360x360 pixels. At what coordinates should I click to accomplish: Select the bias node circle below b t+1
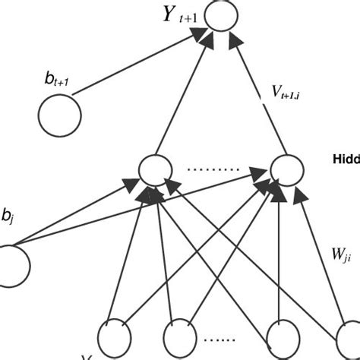tap(59, 116)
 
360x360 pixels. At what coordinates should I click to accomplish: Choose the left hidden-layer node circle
tap(153, 169)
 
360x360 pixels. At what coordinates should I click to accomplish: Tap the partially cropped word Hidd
tap(346, 159)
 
